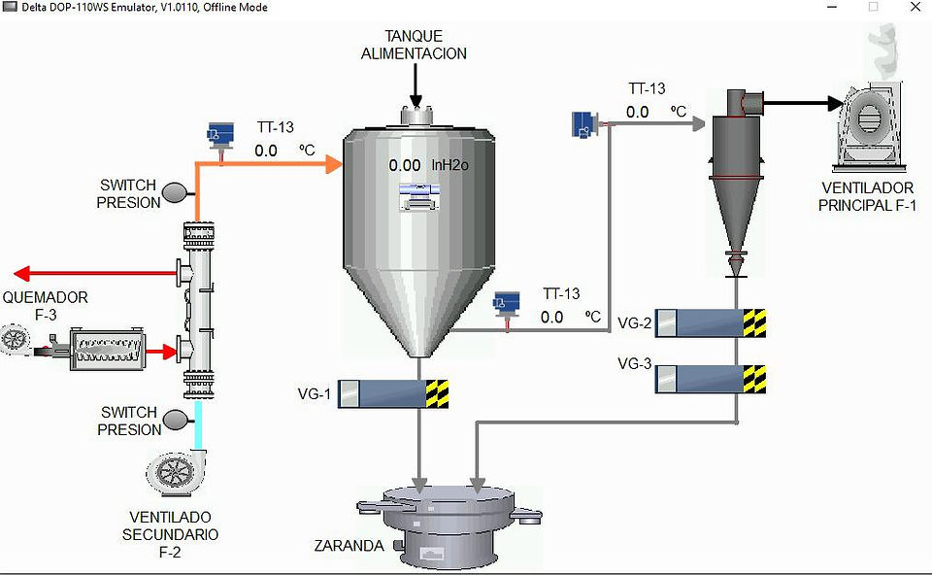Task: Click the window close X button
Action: coord(915,7)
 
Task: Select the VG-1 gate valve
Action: coord(393,393)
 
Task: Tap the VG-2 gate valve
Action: coord(711,323)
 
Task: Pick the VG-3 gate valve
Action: coord(711,379)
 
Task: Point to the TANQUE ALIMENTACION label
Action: coord(414,45)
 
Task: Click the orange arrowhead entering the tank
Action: coord(333,163)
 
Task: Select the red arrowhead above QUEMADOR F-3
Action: coord(21,274)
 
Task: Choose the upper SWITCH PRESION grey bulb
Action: coord(175,192)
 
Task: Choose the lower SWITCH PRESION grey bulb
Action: coord(176,420)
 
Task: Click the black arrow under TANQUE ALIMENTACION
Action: coord(416,86)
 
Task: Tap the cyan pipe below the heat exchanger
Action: coord(198,424)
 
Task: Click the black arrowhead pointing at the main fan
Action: coord(835,104)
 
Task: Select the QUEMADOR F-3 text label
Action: coord(46,306)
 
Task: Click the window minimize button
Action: coord(832,7)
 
